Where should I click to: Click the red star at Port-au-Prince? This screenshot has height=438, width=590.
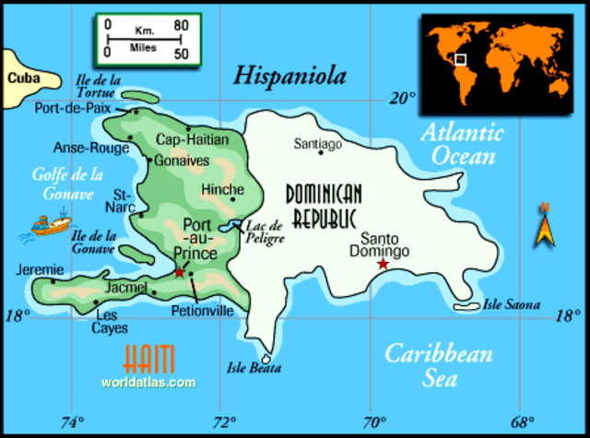[x=179, y=272]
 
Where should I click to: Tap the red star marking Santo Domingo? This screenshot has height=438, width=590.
[x=383, y=265]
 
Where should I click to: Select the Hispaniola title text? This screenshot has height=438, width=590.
[x=289, y=75]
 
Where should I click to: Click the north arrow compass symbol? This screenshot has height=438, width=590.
[x=545, y=226]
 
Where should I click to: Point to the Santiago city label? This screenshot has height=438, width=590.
[x=317, y=144]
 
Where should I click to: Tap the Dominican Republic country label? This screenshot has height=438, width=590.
[x=323, y=206]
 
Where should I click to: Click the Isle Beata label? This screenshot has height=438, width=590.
[x=254, y=368]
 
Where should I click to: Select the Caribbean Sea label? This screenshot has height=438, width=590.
[x=438, y=363]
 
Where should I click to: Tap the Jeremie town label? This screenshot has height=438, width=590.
[x=36, y=270]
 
